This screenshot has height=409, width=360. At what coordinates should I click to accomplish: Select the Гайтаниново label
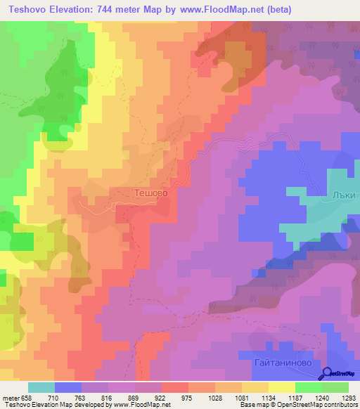282,363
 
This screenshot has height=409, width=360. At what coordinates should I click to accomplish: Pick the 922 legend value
160,398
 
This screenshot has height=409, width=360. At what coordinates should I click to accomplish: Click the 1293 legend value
348,398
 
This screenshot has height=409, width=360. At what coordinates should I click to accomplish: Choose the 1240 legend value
321,398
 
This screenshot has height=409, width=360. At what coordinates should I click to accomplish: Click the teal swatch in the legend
41,387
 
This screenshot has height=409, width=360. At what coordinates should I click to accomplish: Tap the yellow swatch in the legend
282,387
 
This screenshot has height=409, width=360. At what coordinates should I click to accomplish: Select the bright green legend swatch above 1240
309,387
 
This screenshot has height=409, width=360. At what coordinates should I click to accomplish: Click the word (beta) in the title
277,10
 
